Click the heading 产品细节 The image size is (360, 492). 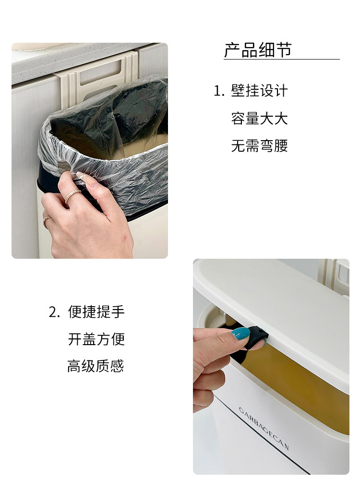coord(258,50)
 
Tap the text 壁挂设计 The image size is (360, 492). coord(259,91)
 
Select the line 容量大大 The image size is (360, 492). coord(259,119)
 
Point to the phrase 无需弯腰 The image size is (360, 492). coord(259,146)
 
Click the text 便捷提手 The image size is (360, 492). coord(96,312)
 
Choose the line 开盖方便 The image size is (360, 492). coord(96,339)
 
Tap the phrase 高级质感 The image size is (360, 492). coord(96,366)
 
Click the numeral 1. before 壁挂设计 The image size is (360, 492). coord(219,91)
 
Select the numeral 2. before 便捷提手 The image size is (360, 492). coord(54,312)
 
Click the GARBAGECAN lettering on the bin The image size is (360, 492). coord(264,429)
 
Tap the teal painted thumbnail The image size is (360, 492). coord(241,334)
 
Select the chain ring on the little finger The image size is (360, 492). coord(47,221)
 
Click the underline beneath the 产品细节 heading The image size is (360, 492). coord(282,59)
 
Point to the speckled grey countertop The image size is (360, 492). coord(78,61)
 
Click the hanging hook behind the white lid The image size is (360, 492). coord(333,276)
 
